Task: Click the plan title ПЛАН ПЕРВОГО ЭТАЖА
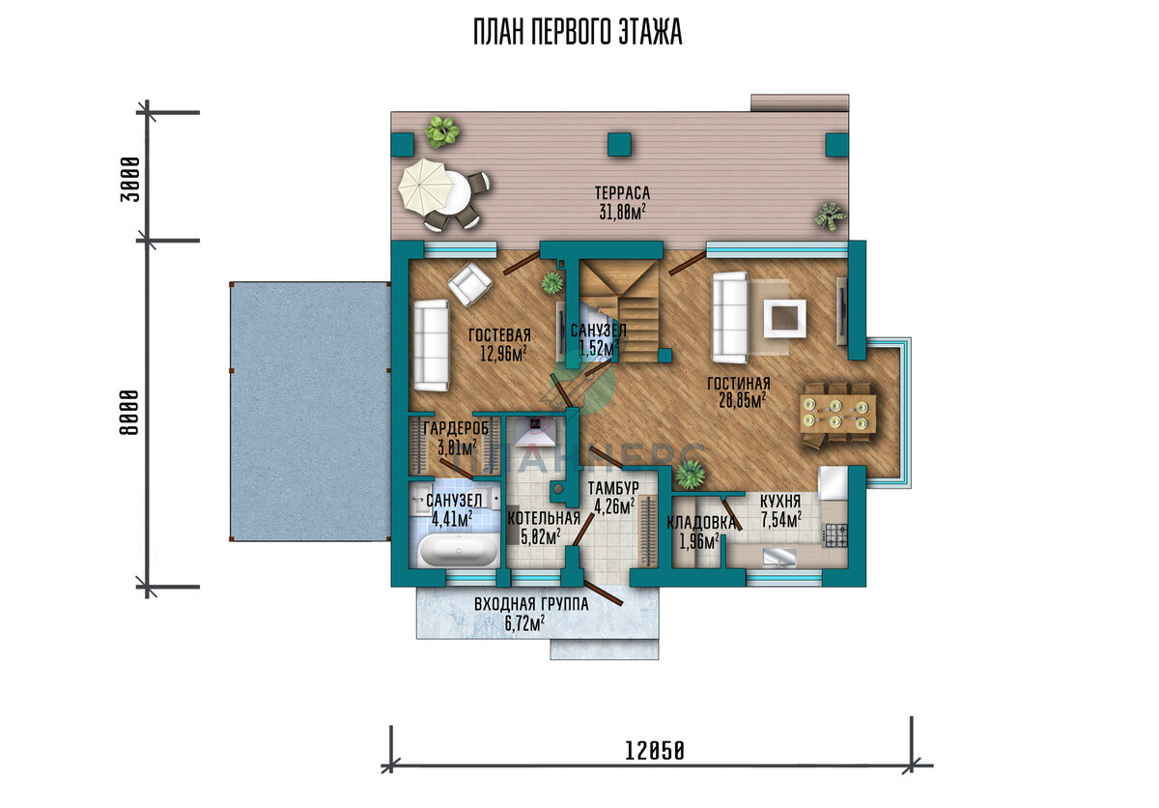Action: coord(578,32)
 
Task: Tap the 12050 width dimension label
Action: coord(655,751)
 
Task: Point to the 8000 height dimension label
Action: coord(129,413)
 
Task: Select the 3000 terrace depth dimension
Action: coord(129,179)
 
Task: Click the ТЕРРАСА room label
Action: coord(622,193)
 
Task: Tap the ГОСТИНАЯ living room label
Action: coord(738,384)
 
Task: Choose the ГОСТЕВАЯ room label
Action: coord(500,335)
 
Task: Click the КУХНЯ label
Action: coord(780,501)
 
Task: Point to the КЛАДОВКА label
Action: coord(700,523)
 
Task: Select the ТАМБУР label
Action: coord(613,487)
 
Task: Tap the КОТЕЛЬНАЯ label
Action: coord(543,518)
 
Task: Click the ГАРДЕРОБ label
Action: coord(456,428)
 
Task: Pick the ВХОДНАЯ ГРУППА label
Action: coord(531,604)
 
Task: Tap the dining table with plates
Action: coord(838,414)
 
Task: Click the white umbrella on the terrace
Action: coord(422,185)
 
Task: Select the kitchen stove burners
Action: coord(834,535)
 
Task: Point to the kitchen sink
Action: coord(779,558)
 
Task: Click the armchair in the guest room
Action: coord(469,284)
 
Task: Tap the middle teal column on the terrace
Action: coord(619,144)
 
